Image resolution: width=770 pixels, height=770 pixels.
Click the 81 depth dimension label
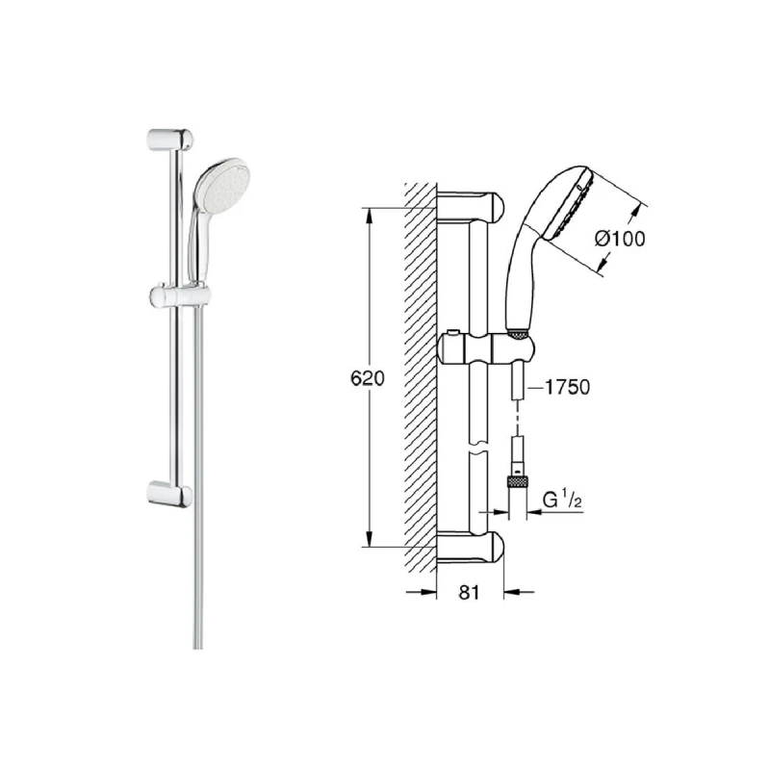coord(468,593)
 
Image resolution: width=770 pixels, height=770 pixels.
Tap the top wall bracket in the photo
coord(169,138)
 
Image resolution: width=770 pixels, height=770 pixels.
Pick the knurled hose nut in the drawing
coord(518,478)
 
